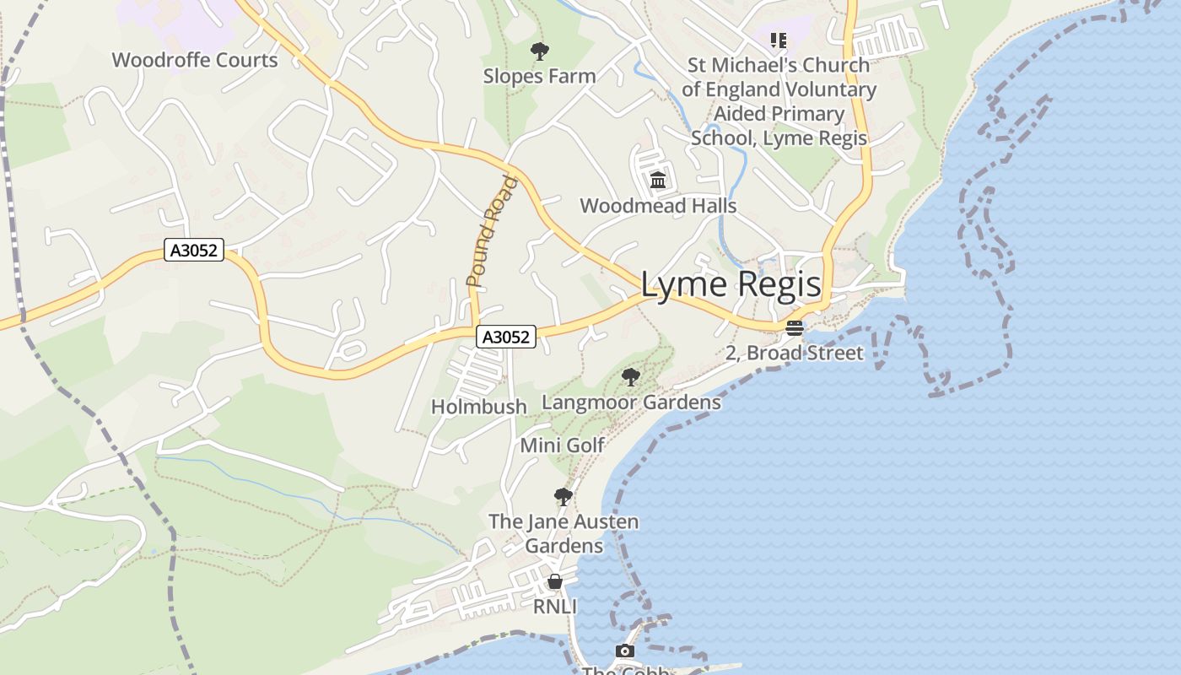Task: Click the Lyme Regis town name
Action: [731, 284]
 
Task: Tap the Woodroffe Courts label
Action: [195, 60]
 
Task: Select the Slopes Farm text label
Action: [539, 76]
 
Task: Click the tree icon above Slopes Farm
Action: [539, 51]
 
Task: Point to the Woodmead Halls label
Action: [658, 206]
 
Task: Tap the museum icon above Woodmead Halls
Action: [658, 181]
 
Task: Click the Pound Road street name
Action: [490, 231]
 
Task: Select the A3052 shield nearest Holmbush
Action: [506, 337]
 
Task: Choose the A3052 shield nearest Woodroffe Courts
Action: [194, 251]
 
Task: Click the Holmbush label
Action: [479, 407]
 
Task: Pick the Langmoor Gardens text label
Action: [631, 402]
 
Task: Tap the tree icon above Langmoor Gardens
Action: [630, 376]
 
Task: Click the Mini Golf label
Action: [562, 445]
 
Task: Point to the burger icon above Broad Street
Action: [794, 328]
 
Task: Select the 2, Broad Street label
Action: [795, 353]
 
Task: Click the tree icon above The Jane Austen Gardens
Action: [563, 496]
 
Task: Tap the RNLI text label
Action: [555, 607]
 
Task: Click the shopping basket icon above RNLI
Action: [555, 581]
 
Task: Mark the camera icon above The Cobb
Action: [624, 651]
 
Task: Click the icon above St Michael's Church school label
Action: [779, 40]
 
